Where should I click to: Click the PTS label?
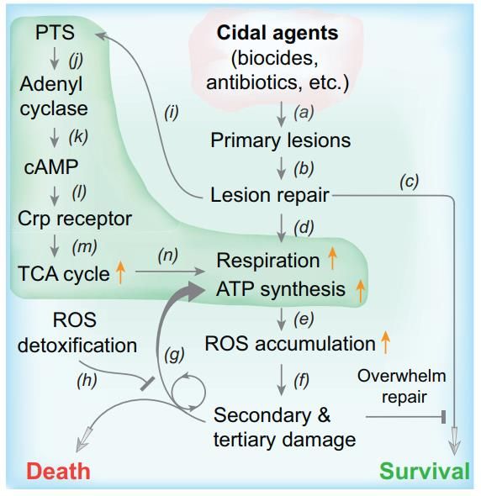[55, 32]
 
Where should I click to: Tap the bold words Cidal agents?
[277, 33]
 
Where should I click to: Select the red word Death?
[59, 472]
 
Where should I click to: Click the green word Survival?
[425, 472]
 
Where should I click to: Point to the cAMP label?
[51, 166]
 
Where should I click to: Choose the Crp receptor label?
[75, 219]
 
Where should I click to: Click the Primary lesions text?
[281, 140]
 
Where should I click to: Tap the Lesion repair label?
[270, 195]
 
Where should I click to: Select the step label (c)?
[410, 182]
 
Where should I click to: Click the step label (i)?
[172, 113]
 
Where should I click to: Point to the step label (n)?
[167, 256]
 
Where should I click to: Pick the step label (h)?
[87, 380]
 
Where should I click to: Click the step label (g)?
[174, 355]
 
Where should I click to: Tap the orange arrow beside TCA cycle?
[120, 272]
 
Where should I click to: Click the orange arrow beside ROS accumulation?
[385, 342]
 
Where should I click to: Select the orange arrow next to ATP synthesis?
[360, 291]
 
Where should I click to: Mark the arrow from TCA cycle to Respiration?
[170, 272]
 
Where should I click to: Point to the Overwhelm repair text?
[402, 386]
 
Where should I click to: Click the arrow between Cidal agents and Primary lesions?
[281, 114]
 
